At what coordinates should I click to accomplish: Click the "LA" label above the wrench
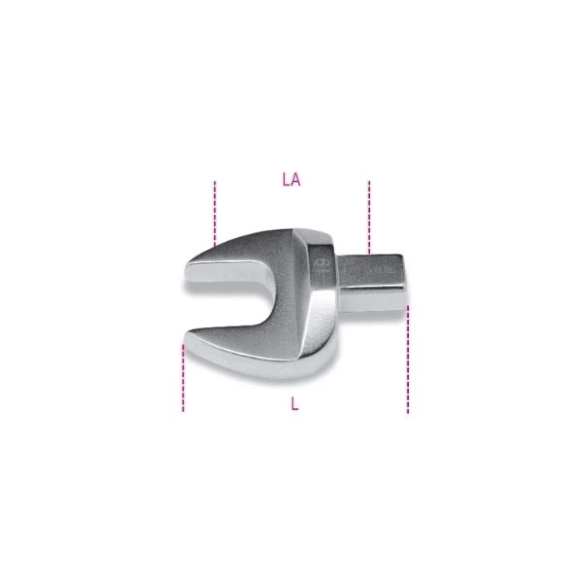[291, 180]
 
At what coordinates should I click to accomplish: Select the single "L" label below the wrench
[295, 403]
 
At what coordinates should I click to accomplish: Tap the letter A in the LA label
[296, 180]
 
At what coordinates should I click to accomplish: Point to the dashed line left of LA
[214, 214]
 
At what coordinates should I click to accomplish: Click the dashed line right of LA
[369, 216]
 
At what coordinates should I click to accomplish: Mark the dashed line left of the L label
[183, 377]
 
